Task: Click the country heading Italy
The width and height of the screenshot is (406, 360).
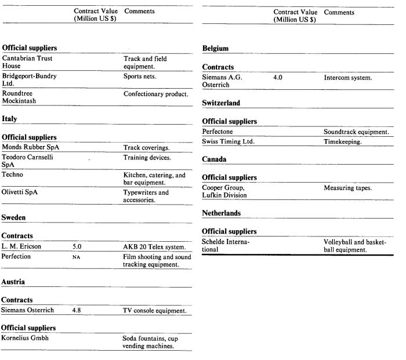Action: point(9,119)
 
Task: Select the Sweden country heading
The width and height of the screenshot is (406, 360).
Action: point(14,217)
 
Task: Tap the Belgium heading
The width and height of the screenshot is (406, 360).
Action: point(215,49)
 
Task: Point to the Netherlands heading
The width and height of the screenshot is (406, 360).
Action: point(221,213)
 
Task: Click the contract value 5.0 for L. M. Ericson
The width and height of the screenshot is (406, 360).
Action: point(77,246)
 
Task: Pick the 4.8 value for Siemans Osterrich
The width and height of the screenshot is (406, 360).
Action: point(77,310)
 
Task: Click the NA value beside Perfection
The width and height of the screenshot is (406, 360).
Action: point(76,256)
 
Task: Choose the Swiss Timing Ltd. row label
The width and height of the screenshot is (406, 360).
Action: point(229,141)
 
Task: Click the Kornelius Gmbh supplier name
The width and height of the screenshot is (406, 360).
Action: point(25,338)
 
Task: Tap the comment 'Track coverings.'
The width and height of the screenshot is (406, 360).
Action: point(146,147)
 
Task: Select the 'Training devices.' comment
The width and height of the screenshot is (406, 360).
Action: point(147,157)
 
